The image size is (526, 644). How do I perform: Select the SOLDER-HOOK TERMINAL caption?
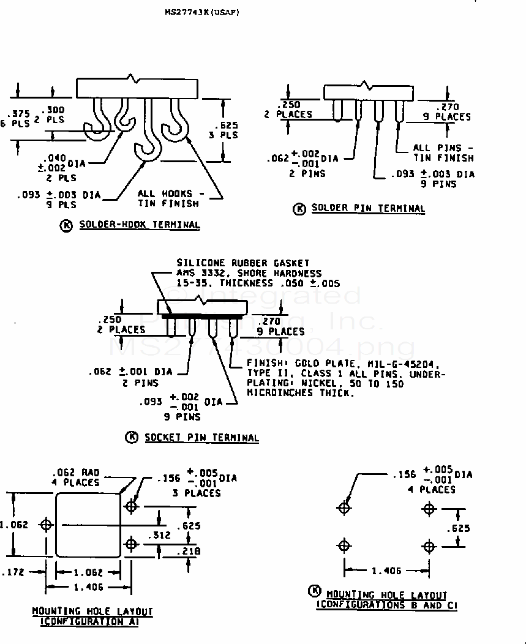(139, 225)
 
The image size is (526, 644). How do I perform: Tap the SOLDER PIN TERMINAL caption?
(367, 208)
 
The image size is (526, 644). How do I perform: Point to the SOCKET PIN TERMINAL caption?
(201, 437)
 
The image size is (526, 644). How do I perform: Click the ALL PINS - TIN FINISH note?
(443, 152)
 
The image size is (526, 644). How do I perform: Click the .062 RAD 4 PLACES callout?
(76, 477)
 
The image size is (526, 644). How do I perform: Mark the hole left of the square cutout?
(46, 524)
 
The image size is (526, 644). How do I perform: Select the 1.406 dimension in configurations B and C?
(386, 571)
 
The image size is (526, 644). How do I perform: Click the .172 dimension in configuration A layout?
(14, 573)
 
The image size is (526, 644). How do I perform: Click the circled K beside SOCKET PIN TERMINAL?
(131, 437)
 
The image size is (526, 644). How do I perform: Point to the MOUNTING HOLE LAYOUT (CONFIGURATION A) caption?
(92, 616)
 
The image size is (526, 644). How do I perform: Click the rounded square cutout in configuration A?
(89, 525)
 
